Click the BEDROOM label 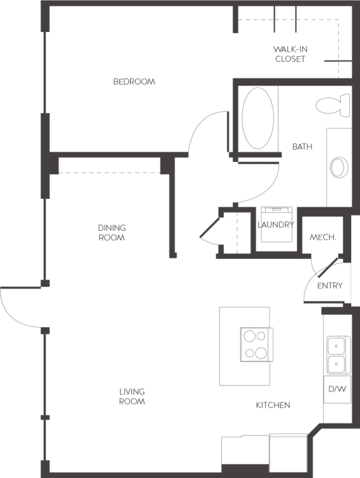pyautogui.click(x=134, y=82)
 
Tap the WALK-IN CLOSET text pyautogui.click(x=290, y=54)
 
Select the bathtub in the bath pyautogui.click(x=257, y=118)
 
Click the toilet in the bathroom pyautogui.click(x=332, y=104)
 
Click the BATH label pyautogui.click(x=302, y=147)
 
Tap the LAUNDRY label pyautogui.click(x=276, y=225)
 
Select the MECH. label pyautogui.click(x=323, y=238)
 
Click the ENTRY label pyautogui.click(x=329, y=286)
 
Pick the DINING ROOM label pyautogui.click(x=112, y=233)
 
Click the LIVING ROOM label pyautogui.click(x=132, y=397)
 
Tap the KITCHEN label pyautogui.click(x=272, y=405)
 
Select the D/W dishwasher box pyautogui.click(x=337, y=389)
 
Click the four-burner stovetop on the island pyautogui.click(x=256, y=344)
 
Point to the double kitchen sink pyautogui.click(x=336, y=355)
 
